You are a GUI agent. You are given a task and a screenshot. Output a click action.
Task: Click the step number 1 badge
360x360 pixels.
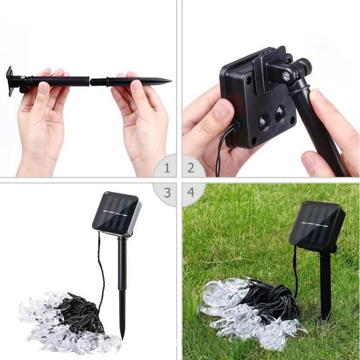(x=167, y=168)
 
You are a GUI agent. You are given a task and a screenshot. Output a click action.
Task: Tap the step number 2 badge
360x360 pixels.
(x=191, y=168)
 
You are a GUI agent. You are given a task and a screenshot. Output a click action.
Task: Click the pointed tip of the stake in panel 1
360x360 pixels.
(x=171, y=81)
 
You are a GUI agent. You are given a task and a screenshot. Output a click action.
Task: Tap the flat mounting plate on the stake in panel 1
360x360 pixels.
(x=10, y=81)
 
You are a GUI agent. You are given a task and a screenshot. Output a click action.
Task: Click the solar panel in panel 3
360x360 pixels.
(x=116, y=213)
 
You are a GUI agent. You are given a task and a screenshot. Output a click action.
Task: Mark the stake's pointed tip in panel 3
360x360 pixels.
(x=122, y=339)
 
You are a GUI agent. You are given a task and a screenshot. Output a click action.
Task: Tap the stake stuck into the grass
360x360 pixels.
(x=325, y=285)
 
